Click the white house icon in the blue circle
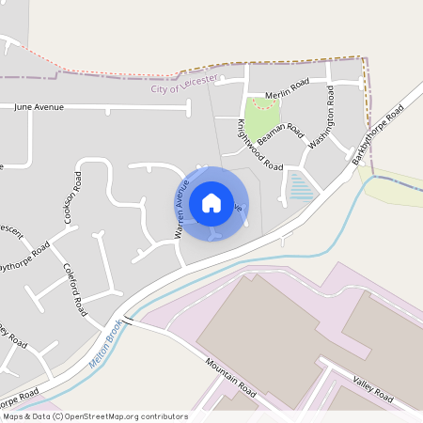tap(211, 202)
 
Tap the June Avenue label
tap(39, 107)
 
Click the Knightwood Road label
tap(259, 144)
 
